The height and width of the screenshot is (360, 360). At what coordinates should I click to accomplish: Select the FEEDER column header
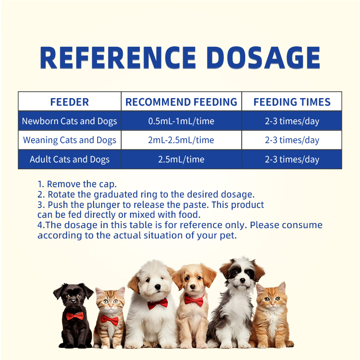click(69, 102)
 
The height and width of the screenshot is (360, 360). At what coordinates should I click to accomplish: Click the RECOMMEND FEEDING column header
click(181, 102)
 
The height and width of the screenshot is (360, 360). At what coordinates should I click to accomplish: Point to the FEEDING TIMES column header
click(292, 102)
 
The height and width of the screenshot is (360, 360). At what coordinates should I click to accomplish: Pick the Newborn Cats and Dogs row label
click(69, 121)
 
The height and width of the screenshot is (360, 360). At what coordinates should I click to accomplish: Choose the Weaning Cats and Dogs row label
click(69, 140)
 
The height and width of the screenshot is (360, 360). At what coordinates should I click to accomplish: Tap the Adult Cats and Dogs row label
click(69, 159)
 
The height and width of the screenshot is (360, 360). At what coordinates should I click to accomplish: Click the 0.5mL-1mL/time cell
click(181, 121)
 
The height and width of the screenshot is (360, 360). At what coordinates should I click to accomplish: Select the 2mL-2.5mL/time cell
click(181, 140)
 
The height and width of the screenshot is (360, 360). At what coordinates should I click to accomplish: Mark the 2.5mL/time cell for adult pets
click(181, 159)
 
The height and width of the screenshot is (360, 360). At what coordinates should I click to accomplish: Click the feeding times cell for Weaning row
click(292, 140)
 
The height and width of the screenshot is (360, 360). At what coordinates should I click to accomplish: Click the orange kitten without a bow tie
click(272, 315)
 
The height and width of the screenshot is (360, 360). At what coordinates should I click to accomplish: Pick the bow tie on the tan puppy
click(194, 300)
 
